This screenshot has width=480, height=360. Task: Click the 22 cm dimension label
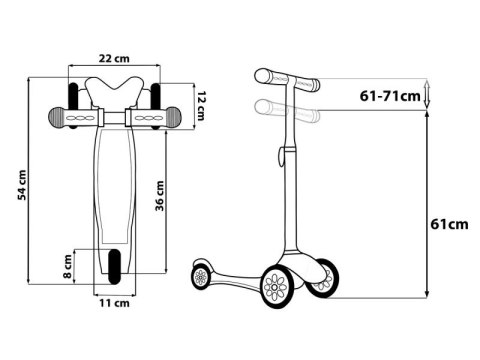114,59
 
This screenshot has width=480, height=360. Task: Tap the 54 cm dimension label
22,185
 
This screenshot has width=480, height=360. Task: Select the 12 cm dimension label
201,106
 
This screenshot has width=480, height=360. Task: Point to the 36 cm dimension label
160,196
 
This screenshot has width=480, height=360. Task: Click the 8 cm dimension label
68,266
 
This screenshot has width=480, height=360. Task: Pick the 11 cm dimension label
114,303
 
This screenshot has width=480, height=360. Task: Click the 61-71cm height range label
390,96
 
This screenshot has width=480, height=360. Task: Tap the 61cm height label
449,224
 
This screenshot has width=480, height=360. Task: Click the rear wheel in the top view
114,266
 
